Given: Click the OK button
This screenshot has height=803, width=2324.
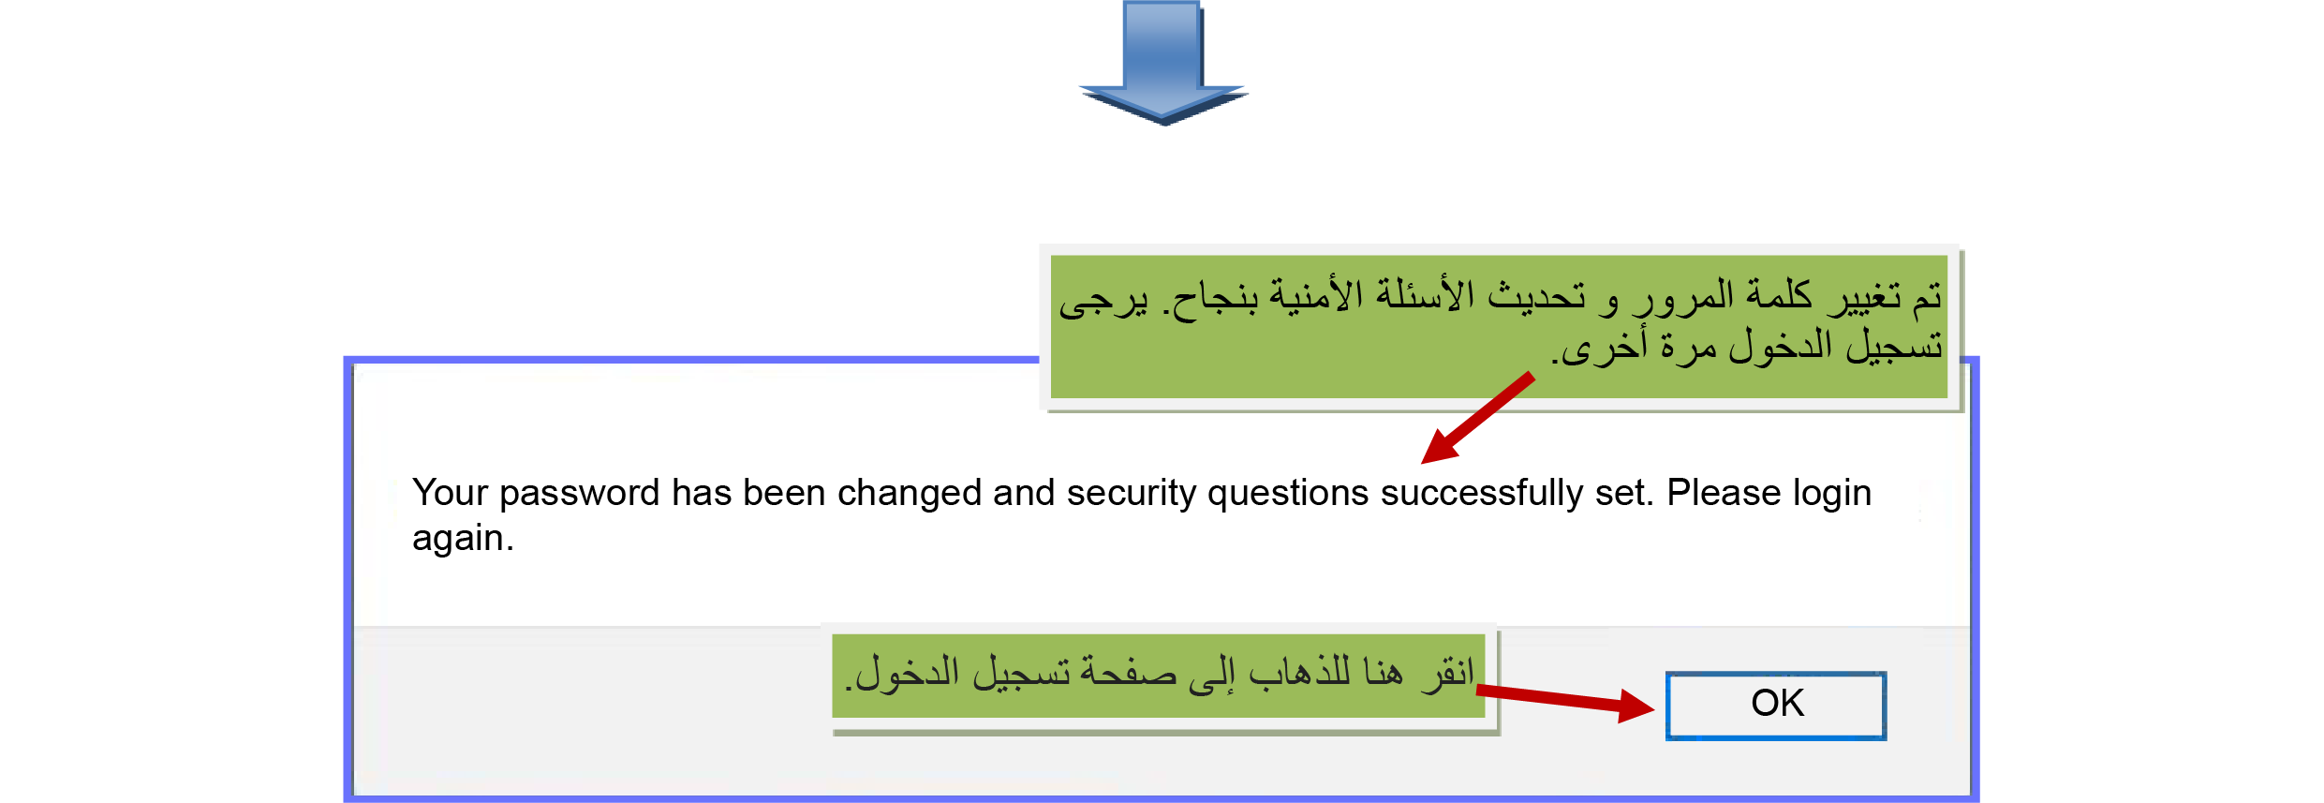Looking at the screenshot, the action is tap(1776, 706).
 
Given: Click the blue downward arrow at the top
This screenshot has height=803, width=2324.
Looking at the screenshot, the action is tap(1163, 62).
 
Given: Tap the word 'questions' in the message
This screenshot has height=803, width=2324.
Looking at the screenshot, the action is tap(1288, 494).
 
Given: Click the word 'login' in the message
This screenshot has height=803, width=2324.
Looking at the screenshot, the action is tap(1831, 494).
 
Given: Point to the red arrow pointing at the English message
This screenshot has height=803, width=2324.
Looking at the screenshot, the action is tap(1477, 418).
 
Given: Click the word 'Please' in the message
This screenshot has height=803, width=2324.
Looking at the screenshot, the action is tap(1724, 493).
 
